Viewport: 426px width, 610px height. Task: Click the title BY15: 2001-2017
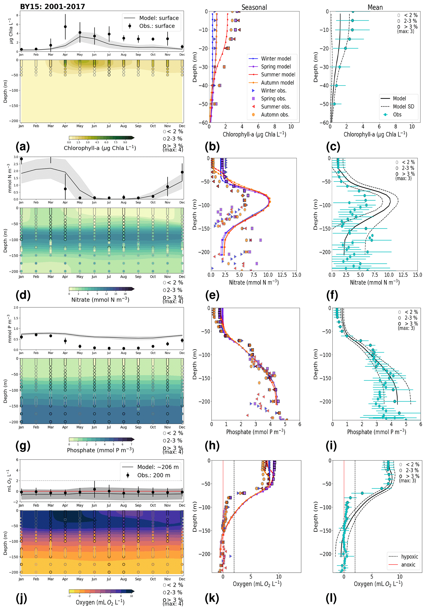coord(53,7)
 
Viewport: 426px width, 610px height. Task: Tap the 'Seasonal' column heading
coord(254,7)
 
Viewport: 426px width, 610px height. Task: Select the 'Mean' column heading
coord(375,7)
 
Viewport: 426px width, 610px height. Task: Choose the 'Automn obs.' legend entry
coord(275,115)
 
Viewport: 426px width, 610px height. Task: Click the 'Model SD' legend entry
coord(403,106)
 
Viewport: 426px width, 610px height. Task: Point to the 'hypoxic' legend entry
coord(409,557)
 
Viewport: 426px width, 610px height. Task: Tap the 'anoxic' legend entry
coord(408,565)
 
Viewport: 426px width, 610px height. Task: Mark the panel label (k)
coord(212,598)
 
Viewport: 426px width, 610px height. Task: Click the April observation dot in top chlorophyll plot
coord(65,27)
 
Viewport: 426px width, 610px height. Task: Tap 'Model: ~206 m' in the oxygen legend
coord(158,467)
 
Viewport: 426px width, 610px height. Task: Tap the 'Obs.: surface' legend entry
coord(157,26)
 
